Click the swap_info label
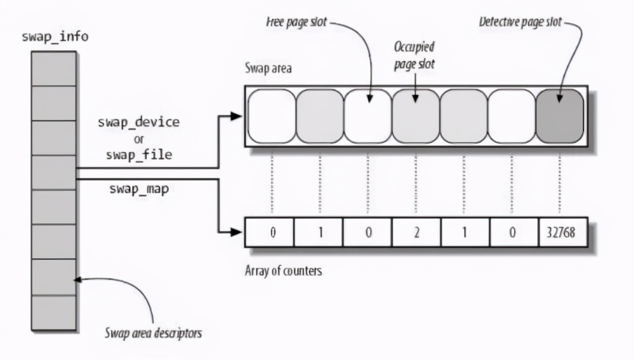[55, 37]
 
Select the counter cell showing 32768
[559, 233]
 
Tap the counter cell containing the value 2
[416, 233]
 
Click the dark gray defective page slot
[559, 116]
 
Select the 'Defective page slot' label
[520, 23]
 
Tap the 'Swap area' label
[268, 69]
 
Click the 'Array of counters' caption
[283, 271]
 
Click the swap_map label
[139, 189]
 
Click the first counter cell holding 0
[272, 233]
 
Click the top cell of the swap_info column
[54, 68]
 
